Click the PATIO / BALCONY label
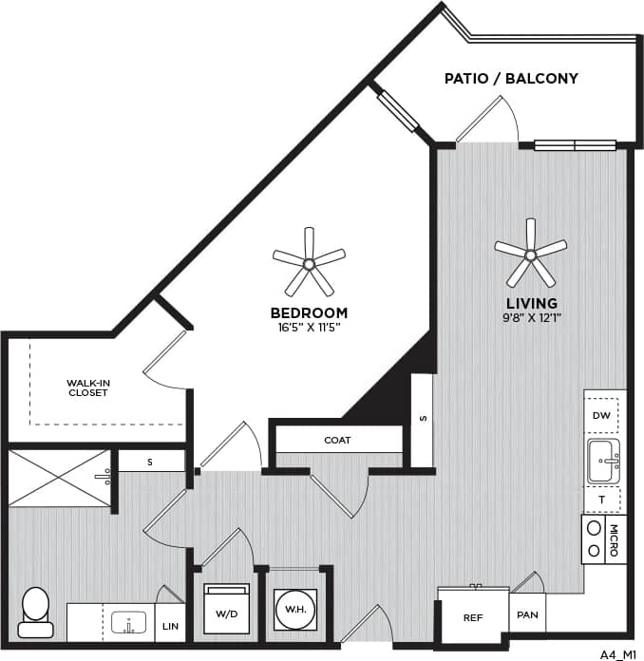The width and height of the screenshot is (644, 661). [511, 78]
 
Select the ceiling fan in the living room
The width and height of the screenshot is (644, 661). [530, 254]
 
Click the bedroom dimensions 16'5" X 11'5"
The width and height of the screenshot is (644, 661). [309, 327]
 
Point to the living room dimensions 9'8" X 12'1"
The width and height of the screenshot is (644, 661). [531, 318]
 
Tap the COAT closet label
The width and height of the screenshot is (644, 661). [337, 440]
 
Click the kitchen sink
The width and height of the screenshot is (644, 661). [603, 461]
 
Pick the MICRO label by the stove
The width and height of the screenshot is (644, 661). [614, 538]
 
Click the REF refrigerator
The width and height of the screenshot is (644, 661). [473, 617]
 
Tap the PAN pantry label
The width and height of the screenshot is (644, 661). [527, 614]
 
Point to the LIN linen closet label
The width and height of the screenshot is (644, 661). [170, 626]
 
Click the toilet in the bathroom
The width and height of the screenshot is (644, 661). [36, 611]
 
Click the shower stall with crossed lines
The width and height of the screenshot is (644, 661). [59, 479]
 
